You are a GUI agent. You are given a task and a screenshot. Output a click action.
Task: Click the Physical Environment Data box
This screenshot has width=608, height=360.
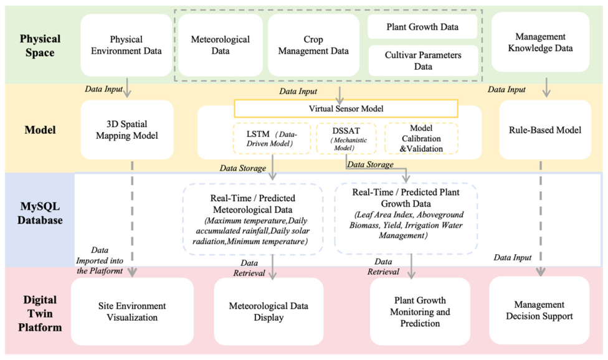click(126, 45)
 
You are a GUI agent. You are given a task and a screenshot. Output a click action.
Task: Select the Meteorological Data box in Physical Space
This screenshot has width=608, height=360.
click(221, 45)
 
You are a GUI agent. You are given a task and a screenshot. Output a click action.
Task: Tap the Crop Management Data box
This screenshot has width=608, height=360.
click(313, 45)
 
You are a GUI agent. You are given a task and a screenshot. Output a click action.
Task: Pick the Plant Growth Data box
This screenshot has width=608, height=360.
click(422, 27)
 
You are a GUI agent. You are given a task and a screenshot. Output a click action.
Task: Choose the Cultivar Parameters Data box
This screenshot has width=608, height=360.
click(423, 60)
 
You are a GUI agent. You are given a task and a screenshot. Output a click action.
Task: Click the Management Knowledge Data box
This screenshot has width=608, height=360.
click(541, 42)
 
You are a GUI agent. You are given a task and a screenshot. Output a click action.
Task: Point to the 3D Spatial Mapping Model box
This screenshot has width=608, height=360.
click(127, 130)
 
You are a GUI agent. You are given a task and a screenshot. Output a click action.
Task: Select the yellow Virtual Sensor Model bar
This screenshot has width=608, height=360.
click(346, 108)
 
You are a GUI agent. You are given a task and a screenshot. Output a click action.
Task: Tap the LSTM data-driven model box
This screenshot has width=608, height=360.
click(272, 138)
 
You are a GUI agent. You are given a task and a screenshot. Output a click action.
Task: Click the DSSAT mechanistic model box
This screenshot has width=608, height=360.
click(346, 138)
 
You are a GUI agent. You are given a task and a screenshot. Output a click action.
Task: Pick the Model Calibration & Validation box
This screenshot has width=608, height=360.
click(421, 138)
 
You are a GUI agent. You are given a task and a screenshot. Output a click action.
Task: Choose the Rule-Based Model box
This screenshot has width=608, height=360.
click(545, 130)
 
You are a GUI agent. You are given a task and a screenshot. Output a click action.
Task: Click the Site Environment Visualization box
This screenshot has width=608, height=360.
click(132, 311)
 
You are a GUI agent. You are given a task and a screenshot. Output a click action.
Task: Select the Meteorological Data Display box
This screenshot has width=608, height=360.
click(268, 311)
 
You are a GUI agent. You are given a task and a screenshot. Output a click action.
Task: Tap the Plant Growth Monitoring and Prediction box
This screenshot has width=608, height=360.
click(420, 311)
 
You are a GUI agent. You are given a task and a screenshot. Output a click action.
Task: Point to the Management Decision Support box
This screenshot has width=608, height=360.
click(539, 310)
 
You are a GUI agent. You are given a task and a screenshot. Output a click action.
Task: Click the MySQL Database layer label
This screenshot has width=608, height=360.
click(40, 213)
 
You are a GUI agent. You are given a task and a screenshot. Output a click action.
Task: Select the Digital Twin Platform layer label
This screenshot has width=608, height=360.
click(40, 313)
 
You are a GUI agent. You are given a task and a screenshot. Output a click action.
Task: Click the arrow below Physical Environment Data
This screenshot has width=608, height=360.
click(127, 87)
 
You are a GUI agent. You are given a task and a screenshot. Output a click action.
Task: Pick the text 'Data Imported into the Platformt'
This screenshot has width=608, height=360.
click(100, 260)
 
